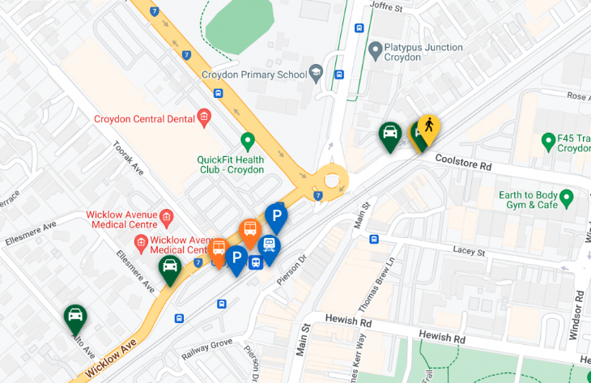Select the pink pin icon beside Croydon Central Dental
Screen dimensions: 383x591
click(204, 118)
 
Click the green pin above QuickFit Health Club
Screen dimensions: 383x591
click(248, 140)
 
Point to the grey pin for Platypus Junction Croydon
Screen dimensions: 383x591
click(375, 51)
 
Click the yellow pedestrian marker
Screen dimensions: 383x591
click(428, 128)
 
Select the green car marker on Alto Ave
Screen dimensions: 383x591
click(75, 317)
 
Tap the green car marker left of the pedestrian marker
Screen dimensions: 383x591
click(389, 134)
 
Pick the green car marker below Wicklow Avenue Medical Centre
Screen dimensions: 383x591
click(169, 268)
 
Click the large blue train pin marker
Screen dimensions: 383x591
click(268, 246)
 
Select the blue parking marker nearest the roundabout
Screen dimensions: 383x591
click(276, 216)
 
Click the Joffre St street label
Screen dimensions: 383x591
click(386, 7)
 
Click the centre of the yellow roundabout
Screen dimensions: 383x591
click(330, 179)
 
